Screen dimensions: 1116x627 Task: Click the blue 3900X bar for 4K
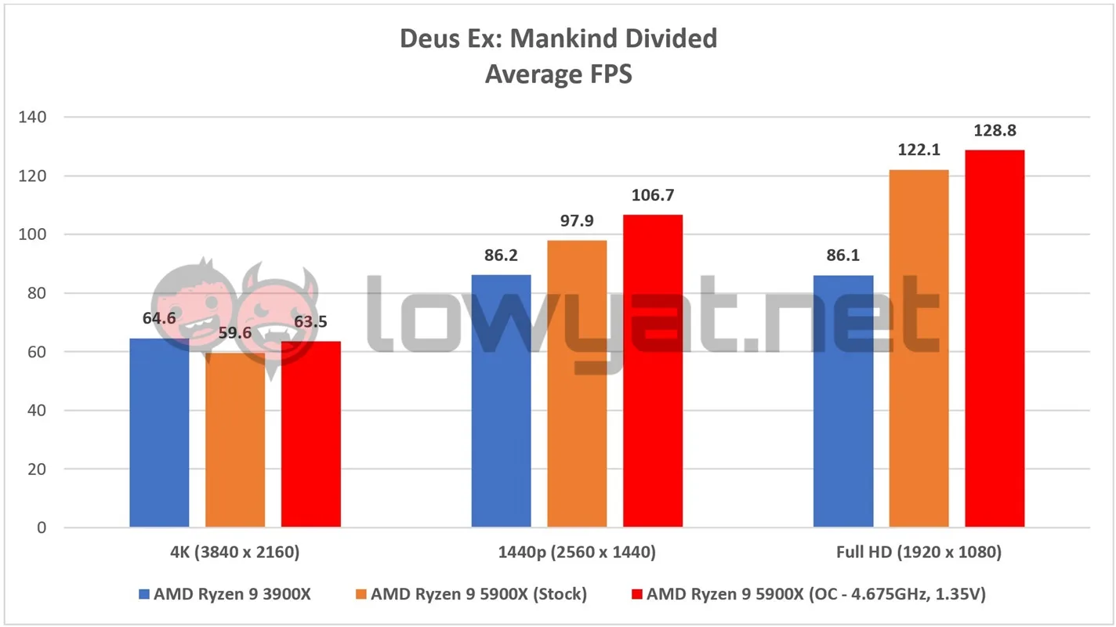[x=159, y=433]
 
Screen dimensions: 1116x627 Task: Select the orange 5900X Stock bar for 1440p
[x=577, y=384]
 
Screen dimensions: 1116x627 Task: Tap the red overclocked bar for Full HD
[x=995, y=339]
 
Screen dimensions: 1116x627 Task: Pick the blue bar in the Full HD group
[x=843, y=401]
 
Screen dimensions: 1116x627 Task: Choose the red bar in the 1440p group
[x=653, y=371]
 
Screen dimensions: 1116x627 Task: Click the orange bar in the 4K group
[x=235, y=440]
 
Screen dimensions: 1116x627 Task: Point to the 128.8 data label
[x=995, y=131]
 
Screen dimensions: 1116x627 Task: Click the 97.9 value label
[x=577, y=220]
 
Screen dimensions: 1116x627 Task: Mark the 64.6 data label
[x=159, y=318]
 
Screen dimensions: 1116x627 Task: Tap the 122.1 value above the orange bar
[x=919, y=150]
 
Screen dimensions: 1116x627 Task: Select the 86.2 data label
[x=501, y=256]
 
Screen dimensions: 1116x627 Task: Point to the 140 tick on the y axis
[x=32, y=117]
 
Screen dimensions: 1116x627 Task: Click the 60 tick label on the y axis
[x=37, y=352]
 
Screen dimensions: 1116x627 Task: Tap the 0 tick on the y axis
[x=42, y=527]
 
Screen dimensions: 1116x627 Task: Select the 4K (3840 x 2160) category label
[x=234, y=553]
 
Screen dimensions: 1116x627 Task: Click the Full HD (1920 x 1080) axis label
[x=919, y=553]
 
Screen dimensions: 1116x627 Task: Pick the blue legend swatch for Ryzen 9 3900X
[x=144, y=594]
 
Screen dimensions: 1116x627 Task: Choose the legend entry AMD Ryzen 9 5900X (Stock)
[x=471, y=594]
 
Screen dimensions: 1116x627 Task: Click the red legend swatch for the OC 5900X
[x=636, y=594]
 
